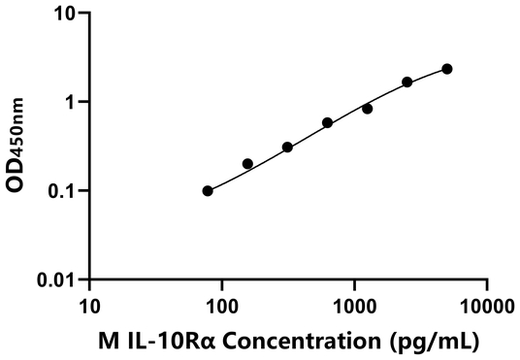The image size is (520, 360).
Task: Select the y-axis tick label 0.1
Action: coord(65,191)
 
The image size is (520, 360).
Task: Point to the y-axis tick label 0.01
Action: coord(60,279)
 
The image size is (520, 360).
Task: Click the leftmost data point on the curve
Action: coord(208,191)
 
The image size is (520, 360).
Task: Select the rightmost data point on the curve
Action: coord(447,69)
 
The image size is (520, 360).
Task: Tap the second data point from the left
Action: coord(247,164)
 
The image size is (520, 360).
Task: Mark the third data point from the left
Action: coord(287,147)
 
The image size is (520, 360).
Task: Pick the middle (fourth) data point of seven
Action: coord(328,123)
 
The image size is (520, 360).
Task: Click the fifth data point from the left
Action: coord(368,109)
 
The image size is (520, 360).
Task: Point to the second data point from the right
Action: coord(407,82)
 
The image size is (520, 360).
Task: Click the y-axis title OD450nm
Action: coord(21,146)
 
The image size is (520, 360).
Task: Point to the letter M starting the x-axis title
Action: coord(107,342)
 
